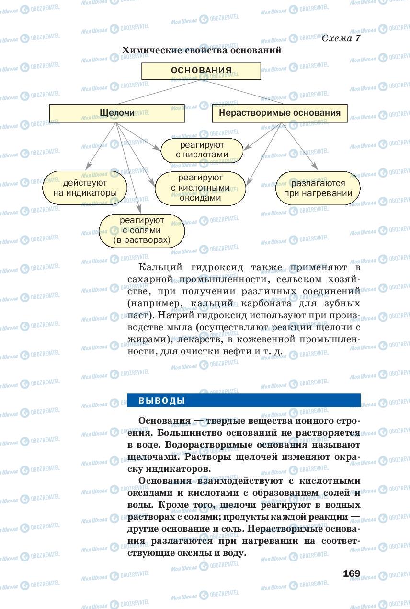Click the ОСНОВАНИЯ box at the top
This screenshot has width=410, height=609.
[x=201, y=71]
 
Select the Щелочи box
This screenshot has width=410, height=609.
[x=117, y=113]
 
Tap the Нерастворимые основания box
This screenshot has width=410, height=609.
[x=280, y=113]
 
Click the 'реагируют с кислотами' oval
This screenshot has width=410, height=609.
[x=202, y=150]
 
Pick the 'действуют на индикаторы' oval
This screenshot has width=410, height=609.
[x=85, y=188]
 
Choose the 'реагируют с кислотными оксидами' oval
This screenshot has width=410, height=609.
[x=200, y=187]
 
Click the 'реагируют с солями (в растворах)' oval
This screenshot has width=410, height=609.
[x=142, y=230]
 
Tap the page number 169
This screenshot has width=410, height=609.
[x=352, y=573]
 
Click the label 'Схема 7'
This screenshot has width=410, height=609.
[x=341, y=38]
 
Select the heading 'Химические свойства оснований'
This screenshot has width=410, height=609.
[x=201, y=50]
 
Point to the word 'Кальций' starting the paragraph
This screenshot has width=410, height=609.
[x=156, y=267]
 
